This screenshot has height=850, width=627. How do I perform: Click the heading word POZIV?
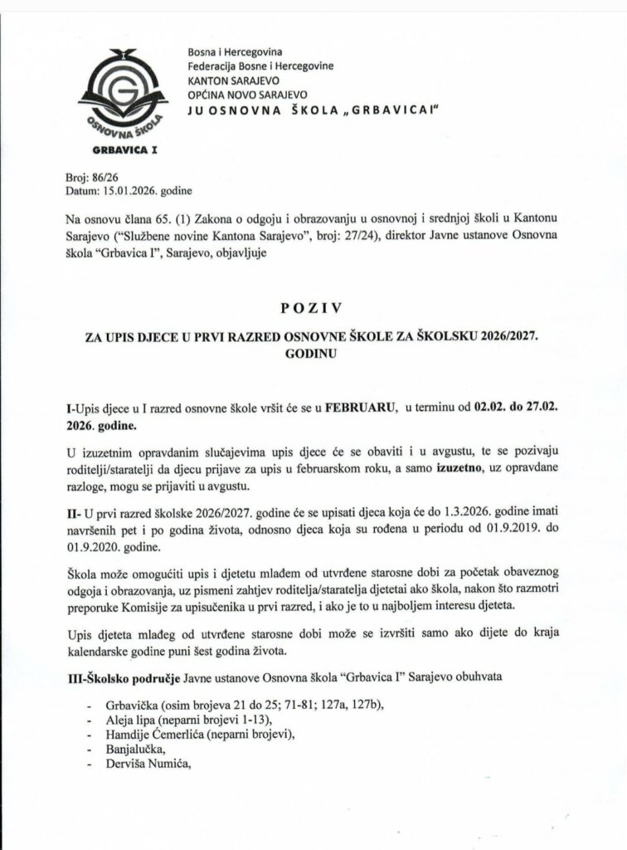coord(313,310)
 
